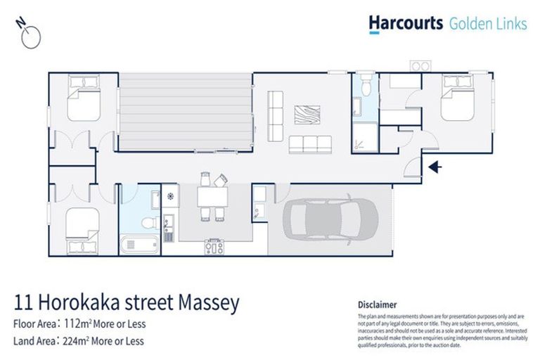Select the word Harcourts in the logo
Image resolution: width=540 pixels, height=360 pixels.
(x=406, y=24)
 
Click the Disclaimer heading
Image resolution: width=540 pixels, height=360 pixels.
(x=377, y=304)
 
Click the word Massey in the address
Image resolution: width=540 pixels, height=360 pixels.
(x=207, y=304)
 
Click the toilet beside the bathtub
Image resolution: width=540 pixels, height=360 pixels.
(x=148, y=222)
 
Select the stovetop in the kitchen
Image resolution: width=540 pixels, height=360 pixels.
(x=214, y=246)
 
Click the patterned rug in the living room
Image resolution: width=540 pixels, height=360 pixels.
(x=307, y=114)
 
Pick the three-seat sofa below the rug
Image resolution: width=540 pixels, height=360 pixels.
(x=309, y=144)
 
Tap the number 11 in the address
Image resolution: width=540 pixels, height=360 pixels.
(x=23, y=304)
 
